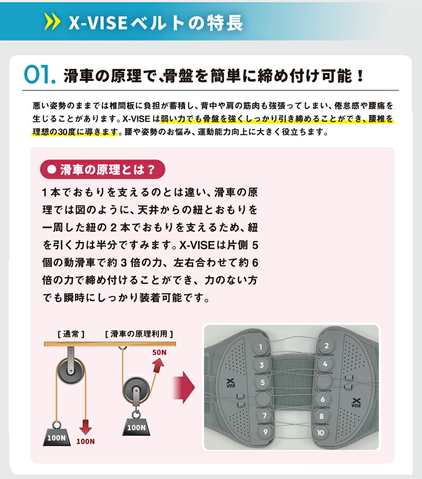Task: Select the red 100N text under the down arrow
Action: tap(86, 442)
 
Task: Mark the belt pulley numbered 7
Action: tap(265, 415)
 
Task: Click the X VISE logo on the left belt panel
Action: tap(230, 384)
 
